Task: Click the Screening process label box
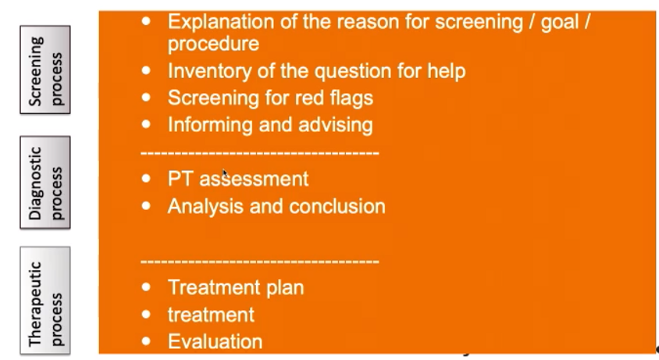pos(45,70)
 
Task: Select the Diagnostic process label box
pos(45,182)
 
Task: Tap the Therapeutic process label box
pos(45,301)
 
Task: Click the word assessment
pos(254,180)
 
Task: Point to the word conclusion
pos(337,206)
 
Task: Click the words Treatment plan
pos(236,288)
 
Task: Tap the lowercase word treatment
pos(211,315)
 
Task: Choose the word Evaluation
pos(216,341)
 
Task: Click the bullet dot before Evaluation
pos(146,341)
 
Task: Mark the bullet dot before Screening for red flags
pos(146,98)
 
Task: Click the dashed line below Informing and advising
pos(260,153)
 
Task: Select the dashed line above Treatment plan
pos(260,262)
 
